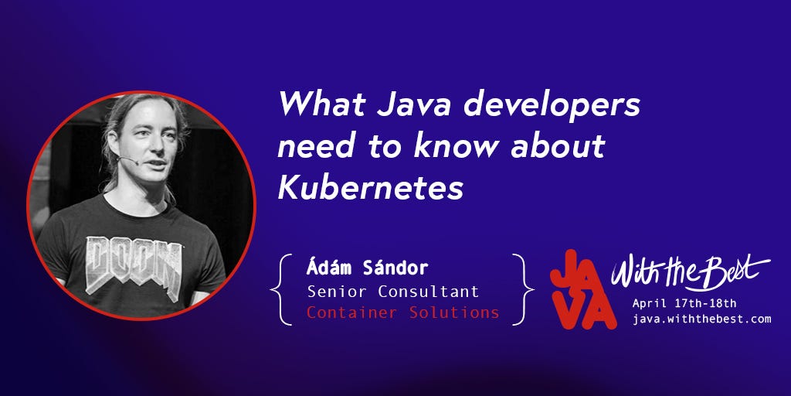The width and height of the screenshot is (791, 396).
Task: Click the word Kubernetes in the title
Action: pyautogui.click(x=370, y=188)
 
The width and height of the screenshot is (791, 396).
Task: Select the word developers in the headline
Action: pyautogui.click(x=553, y=105)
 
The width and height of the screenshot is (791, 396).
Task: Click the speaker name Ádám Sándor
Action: pyautogui.click(x=367, y=269)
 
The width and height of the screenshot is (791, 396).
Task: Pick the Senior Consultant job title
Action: pyautogui.click(x=393, y=292)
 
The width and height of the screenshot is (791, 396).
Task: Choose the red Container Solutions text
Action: pyautogui.click(x=402, y=312)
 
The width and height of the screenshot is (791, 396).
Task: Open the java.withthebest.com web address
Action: pyautogui.click(x=701, y=319)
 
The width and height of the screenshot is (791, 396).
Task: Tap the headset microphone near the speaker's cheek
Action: pyautogui.click(x=123, y=161)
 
